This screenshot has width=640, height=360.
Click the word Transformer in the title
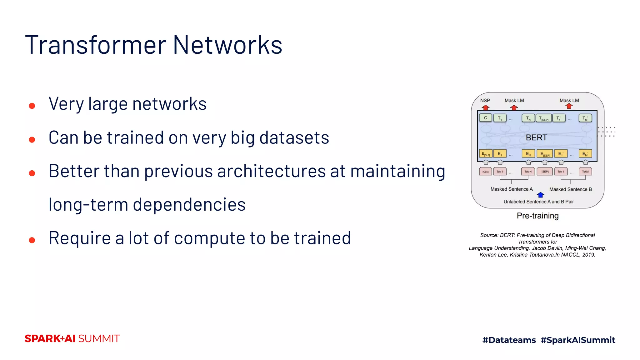[x=96, y=45]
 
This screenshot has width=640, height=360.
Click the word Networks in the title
[x=227, y=45]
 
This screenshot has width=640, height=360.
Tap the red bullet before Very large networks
[x=32, y=106]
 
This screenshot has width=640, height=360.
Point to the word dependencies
[x=189, y=205]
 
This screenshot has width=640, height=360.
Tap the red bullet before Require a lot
[x=32, y=240]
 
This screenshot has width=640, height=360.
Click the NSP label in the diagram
[x=485, y=100]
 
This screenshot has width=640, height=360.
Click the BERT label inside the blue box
[x=536, y=137]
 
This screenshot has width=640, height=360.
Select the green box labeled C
[x=485, y=118]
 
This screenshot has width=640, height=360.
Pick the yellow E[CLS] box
[x=486, y=154]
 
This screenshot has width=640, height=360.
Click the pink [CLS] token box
[x=485, y=172]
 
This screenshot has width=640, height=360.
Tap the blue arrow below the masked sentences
[x=540, y=195]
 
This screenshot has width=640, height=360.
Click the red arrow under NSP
[x=485, y=107]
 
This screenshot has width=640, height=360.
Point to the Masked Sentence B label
[x=570, y=189]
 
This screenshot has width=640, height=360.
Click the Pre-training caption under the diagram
[x=537, y=216]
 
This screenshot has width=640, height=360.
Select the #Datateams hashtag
[x=509, y=340]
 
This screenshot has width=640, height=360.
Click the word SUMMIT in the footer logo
[x=99, y=339]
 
